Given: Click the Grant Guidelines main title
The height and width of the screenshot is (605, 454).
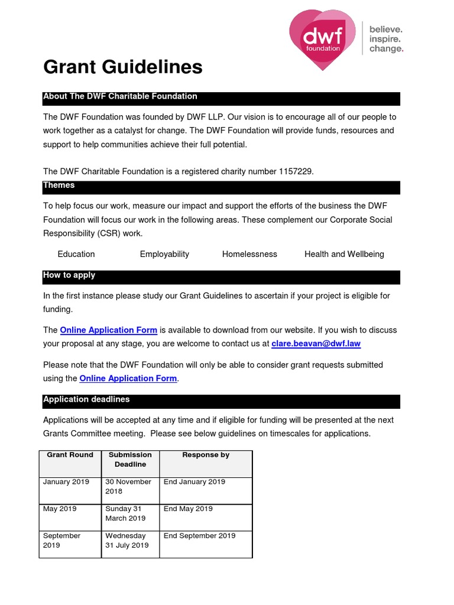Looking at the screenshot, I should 123,67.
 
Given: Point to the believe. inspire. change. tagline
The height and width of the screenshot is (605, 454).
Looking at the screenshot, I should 386,39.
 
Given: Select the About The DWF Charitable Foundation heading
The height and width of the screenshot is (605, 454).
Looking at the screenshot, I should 120,96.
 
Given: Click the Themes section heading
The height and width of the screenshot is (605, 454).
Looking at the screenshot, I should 59,186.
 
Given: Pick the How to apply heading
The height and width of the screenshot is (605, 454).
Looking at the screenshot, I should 69,275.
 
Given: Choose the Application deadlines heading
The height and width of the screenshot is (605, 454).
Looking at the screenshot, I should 86,399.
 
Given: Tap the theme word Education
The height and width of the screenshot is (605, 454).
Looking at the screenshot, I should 76,254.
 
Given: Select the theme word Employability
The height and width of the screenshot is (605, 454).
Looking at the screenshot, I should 164,254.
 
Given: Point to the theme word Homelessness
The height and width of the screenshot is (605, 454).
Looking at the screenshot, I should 249,254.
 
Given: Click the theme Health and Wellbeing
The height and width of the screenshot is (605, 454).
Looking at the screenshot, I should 344,254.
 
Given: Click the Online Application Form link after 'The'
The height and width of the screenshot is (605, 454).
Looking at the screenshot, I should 109,330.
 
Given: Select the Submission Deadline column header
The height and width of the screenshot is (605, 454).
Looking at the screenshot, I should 130,460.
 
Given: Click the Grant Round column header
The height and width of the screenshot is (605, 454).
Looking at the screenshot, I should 70,455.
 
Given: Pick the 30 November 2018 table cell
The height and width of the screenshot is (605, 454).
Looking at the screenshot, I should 128,486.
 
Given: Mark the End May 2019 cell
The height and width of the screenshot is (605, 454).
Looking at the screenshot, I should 188,509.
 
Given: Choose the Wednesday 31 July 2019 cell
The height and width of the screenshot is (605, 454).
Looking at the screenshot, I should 127,541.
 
